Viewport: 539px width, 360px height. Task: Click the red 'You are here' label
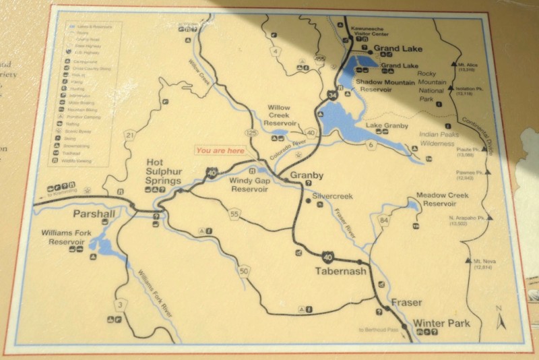click(220, 150)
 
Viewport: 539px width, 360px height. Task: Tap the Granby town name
click(307, 175)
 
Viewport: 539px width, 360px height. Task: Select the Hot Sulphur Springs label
click(164, 172)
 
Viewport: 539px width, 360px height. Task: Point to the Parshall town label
click(94, 214)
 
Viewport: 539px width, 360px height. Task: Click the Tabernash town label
click(341, 272)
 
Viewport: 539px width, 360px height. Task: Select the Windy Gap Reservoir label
click(249, 185)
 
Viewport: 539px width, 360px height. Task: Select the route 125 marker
click(253, 133)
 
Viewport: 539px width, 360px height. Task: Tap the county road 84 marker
click(384, 220)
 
